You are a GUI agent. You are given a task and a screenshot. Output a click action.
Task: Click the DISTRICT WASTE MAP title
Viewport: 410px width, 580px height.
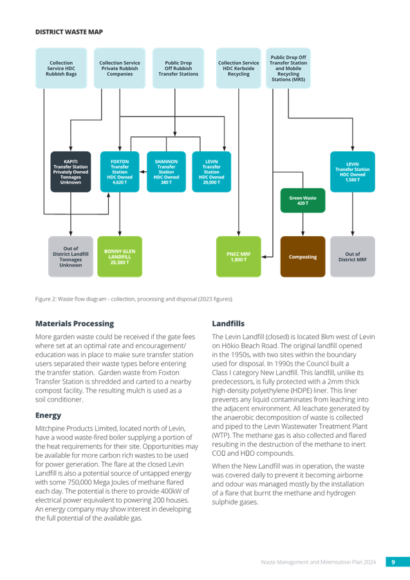point(69,32)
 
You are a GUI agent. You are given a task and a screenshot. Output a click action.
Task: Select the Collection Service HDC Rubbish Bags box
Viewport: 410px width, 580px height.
point(61,68)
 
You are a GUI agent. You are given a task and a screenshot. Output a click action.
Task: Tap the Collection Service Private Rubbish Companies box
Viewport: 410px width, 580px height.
point(120,68)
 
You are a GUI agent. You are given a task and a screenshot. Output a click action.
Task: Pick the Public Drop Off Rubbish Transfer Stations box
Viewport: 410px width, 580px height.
point(178,68)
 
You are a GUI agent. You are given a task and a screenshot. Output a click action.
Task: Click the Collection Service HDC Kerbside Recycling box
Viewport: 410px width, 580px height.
point(238,68)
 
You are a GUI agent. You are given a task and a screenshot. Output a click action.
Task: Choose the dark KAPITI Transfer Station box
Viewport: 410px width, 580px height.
point(71,172)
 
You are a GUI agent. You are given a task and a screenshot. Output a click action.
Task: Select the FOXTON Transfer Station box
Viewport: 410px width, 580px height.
point(120,172)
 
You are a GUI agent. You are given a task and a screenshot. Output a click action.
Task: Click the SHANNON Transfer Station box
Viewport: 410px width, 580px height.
point(166,172)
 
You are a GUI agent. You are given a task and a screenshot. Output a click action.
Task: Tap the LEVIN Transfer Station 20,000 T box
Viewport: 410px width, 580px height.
point(212,172)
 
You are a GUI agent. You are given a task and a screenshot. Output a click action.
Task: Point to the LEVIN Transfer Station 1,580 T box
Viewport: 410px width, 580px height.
point(352,172)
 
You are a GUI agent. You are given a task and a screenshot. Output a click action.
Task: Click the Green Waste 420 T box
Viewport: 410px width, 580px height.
point(303,200)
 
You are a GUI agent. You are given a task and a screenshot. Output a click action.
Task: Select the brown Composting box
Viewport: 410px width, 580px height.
point(303,257)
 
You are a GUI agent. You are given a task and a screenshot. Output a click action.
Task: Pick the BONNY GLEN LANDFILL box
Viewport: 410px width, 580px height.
point(120,257)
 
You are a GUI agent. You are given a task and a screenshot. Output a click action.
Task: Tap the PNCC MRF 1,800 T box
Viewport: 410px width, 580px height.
point(238,257)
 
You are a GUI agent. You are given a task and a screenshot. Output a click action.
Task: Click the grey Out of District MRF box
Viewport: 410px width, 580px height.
point(352,257)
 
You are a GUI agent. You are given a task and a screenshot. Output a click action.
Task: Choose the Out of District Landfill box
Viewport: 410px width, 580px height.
point(71,257)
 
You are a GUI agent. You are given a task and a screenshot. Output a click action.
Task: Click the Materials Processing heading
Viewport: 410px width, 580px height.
point(75,324)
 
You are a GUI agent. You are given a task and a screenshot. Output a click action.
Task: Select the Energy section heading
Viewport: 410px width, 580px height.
point(48,415)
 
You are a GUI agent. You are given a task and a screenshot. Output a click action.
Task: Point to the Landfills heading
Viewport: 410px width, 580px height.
point(228,324)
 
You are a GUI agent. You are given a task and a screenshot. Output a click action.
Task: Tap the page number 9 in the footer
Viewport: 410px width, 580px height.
point(393,562)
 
